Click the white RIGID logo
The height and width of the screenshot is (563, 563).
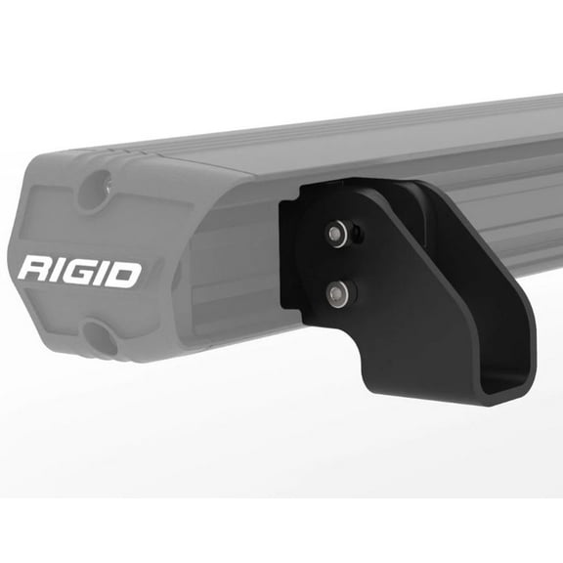click(79, 271)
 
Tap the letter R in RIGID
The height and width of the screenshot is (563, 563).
click(33, 271)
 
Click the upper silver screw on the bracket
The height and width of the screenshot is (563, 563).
click(337, 233)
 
